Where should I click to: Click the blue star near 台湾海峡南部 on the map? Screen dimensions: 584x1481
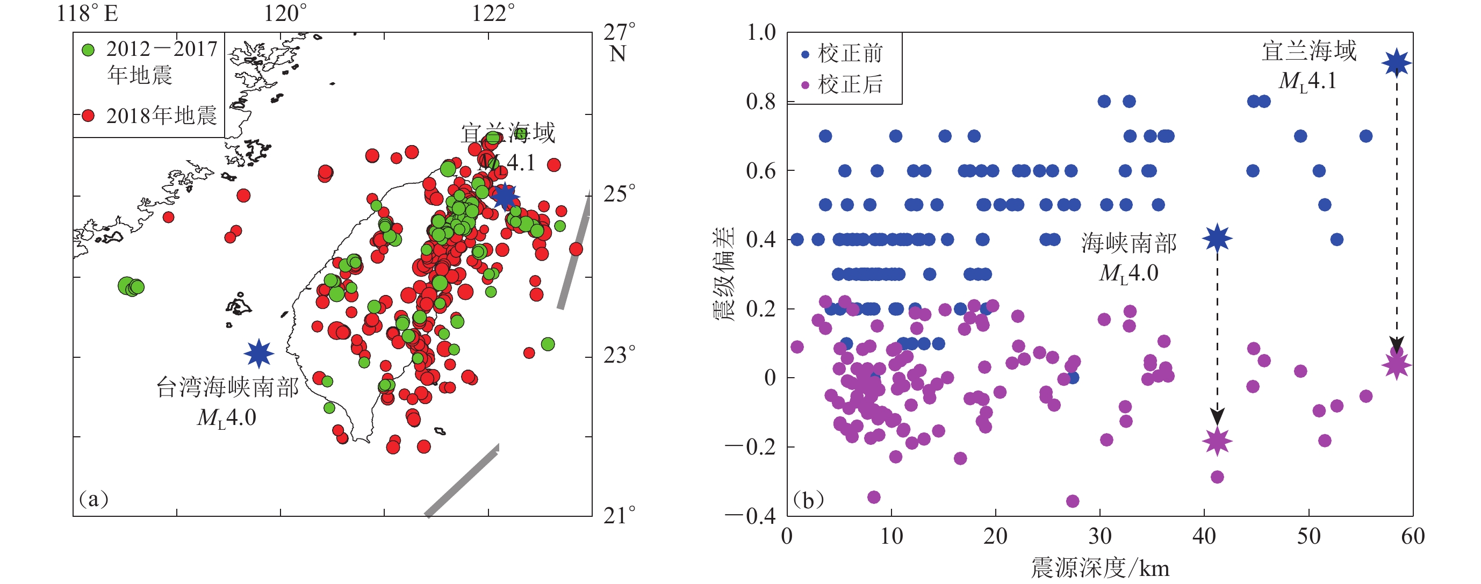[258, 353]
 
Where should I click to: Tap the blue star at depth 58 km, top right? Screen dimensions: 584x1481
[1397, 63]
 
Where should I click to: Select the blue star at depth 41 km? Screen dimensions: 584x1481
[1217, 238]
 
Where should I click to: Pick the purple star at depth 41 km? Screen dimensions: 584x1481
[1217, 442]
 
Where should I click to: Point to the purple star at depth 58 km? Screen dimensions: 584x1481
[1397, 364]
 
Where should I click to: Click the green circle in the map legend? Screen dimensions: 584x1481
[89, 50]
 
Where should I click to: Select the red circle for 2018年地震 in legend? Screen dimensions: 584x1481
[89, 116]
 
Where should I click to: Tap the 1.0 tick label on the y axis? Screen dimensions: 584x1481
[760, 33]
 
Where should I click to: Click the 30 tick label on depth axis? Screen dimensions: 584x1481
[1100, 536]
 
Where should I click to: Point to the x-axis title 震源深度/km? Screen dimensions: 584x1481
[1100, 568]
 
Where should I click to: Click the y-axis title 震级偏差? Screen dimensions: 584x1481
[723, 273]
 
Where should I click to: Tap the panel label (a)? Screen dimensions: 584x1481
[94, 499]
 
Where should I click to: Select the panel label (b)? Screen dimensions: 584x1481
[808, 500]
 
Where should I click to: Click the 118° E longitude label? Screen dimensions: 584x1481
[88, 13]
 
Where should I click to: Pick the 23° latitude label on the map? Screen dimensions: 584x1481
[619, 355]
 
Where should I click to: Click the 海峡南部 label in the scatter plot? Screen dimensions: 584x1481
[1128, 244]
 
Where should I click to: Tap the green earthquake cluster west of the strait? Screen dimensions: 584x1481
[131, 286]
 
